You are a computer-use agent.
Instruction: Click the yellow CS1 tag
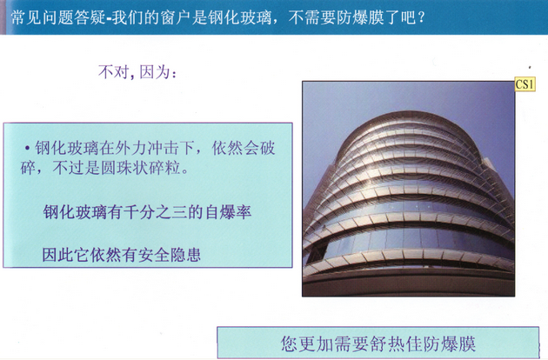coord(525,84)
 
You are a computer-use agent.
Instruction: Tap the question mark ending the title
coord(421,17)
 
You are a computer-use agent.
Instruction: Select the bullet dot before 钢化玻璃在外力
coord(27,148)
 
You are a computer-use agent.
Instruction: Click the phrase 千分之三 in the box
coord(156,212)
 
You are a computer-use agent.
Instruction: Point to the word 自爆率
coord(228,212)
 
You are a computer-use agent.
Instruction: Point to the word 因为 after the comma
coord(155,72)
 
